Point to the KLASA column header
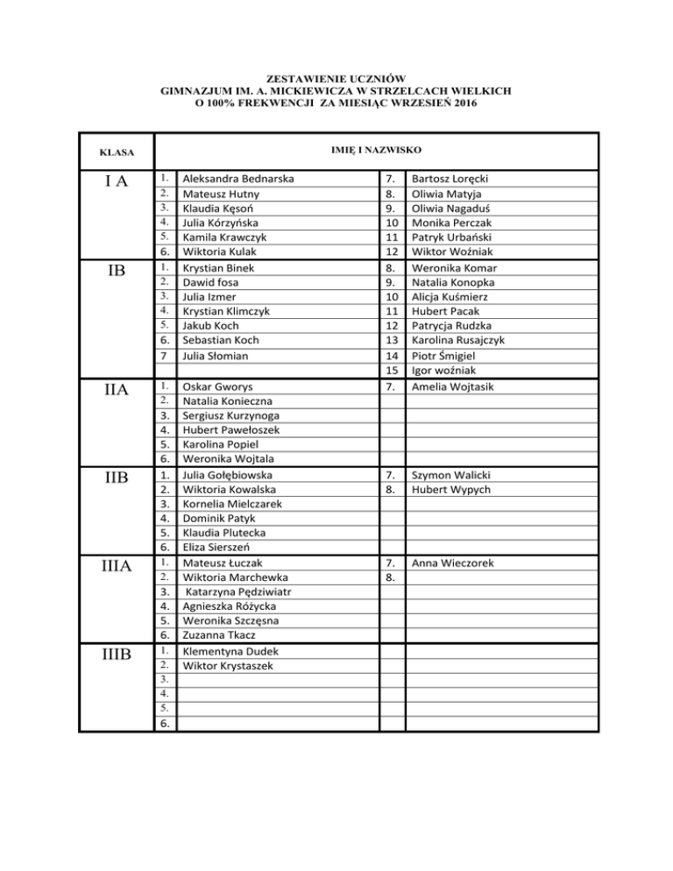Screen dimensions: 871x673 [116, 152]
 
